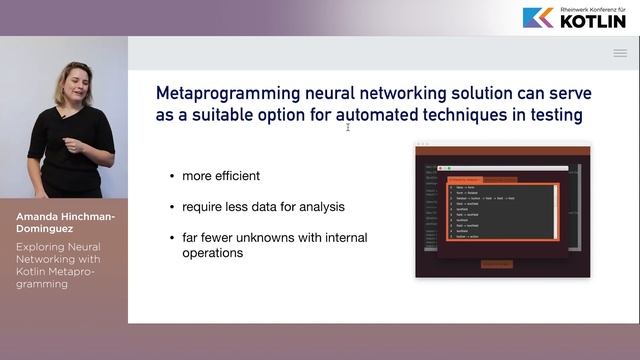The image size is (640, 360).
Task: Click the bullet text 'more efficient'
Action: click(x=221, y=176)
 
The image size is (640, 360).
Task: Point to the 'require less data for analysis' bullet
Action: click(x=263, y=207)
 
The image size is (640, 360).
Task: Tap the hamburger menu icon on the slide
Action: click(x=620, y=53)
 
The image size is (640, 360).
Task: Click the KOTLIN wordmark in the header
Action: click(x=592, y=21)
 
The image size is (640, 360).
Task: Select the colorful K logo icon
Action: click(x=537, y=17)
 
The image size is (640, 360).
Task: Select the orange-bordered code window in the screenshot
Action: click(x=501, y=211)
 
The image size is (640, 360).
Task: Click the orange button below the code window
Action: click(x=497, y=264)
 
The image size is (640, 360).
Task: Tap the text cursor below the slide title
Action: click(x=348, y=127)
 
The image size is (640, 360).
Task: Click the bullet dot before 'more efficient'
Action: click(x=172, y=176)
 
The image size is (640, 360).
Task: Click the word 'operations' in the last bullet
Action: click(x=214, y=253)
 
